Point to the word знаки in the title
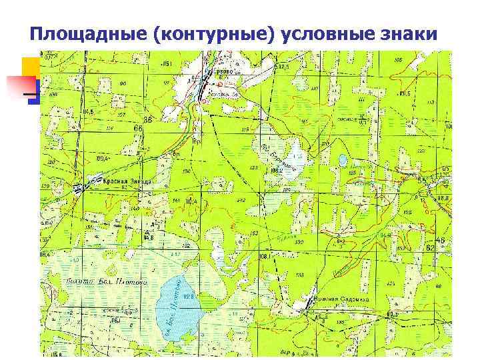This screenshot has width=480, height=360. point(411,33)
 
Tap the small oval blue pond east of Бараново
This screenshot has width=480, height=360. point(342,160)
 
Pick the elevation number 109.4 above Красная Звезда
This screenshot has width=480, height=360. point(103,159)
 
